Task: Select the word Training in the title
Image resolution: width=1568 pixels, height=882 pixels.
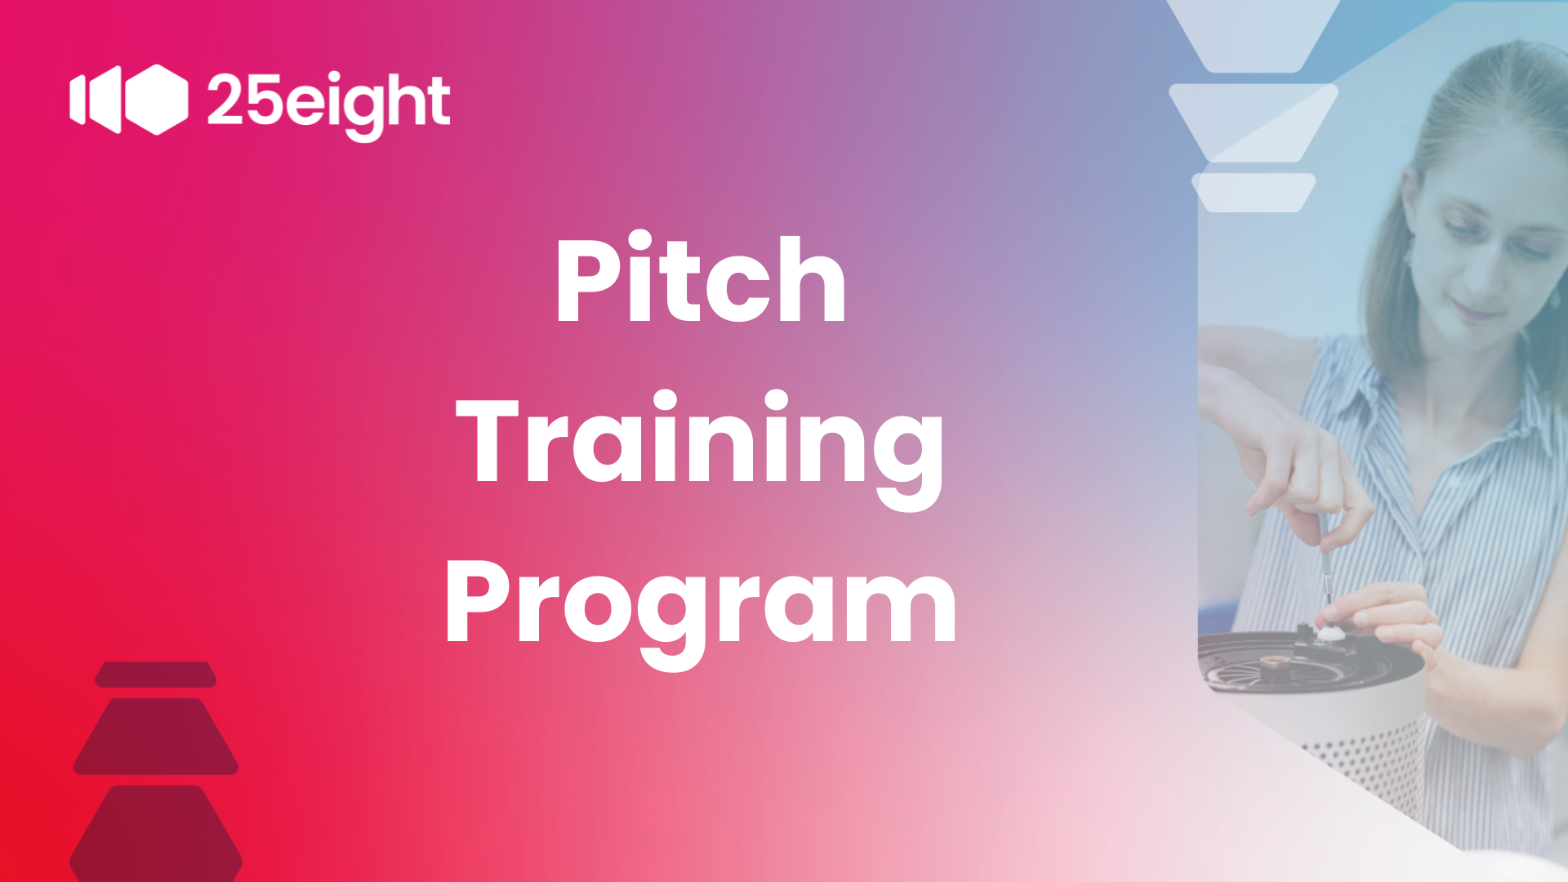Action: coord(700,449)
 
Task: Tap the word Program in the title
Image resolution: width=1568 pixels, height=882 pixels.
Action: coord(700,611)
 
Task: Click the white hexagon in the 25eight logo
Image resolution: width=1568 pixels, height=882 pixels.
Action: coord(156,100)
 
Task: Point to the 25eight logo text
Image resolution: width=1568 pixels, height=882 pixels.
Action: coord(328,104)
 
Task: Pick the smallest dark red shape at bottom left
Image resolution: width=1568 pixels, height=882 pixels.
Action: coord(156,675)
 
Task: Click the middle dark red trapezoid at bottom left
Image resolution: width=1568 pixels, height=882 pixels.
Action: coord(156,737)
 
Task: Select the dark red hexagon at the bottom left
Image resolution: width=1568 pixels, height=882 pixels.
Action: coord(156,834)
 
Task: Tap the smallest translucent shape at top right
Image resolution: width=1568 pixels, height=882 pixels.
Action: coord(1254,193)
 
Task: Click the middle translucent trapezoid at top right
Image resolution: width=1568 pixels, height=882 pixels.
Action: coord(1254,122)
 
